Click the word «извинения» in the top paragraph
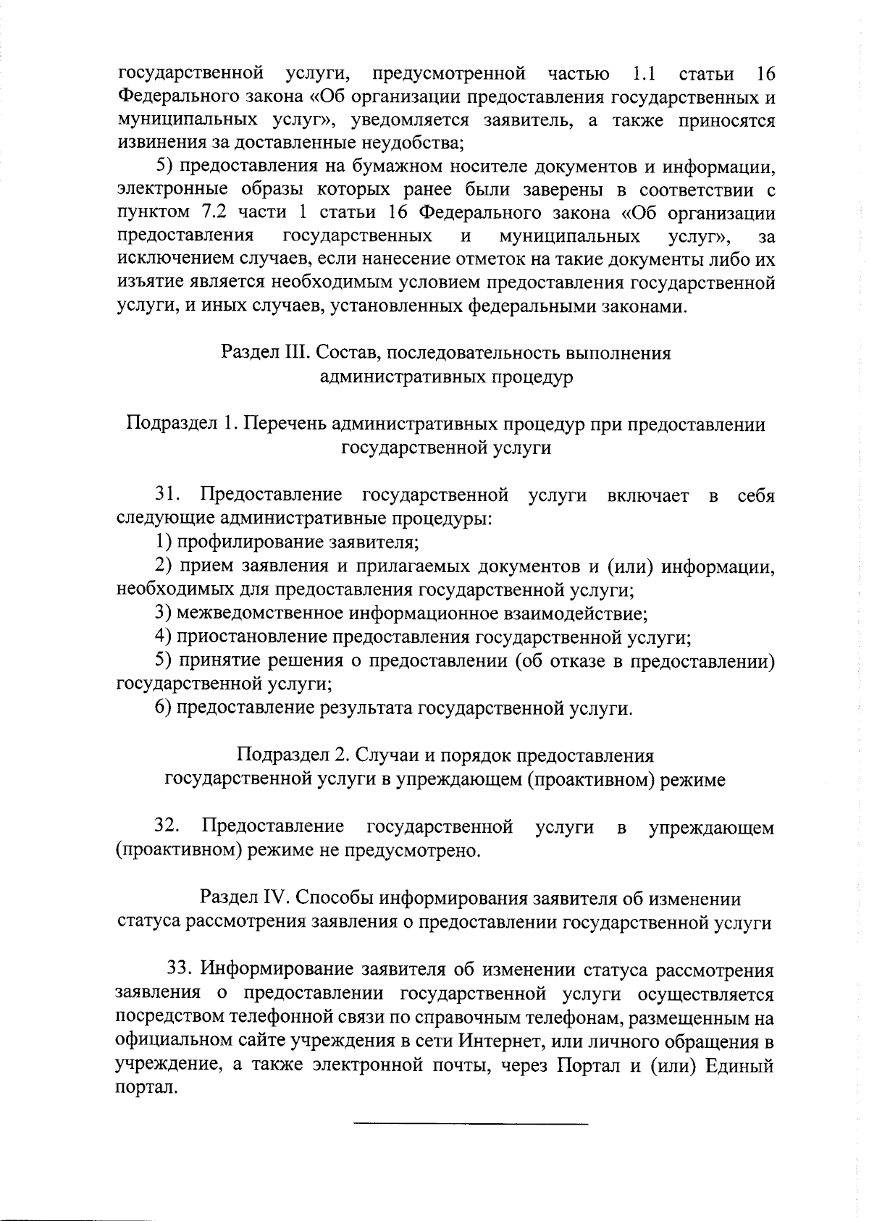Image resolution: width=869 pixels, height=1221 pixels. coord(156,143)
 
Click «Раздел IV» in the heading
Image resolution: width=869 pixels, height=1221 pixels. coord(245,899)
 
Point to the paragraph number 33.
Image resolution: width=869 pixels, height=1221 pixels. coord(181,969)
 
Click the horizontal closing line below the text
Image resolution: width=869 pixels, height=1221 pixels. coord(471,1124)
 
